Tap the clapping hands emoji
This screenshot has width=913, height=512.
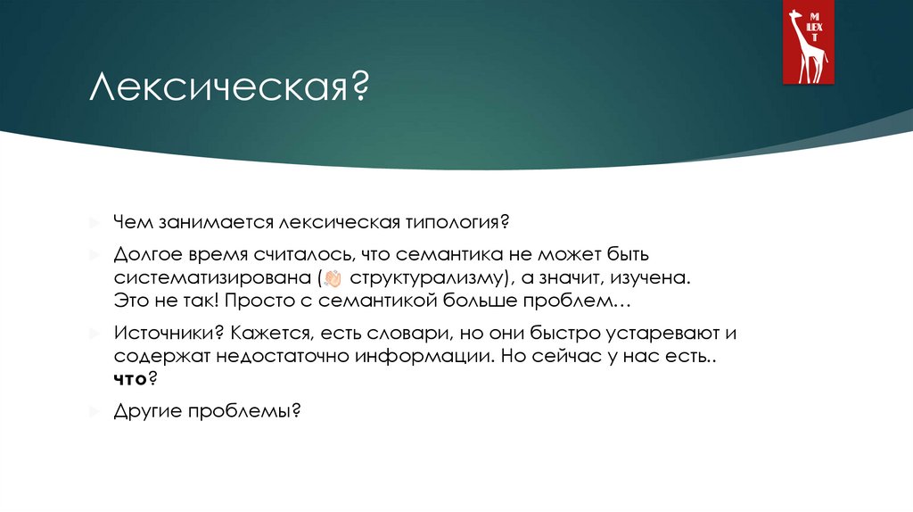pyautogui.click(x=334, y=277)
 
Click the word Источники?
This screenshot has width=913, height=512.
pyautogui.click(x=169, y=334)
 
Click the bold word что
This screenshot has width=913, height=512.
pyautogui.click(x=130, y=379)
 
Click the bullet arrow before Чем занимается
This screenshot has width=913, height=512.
pyautogui.click(x=94, y=220)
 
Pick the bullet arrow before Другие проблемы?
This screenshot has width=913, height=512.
pyautogui.click(x=94, y=412)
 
